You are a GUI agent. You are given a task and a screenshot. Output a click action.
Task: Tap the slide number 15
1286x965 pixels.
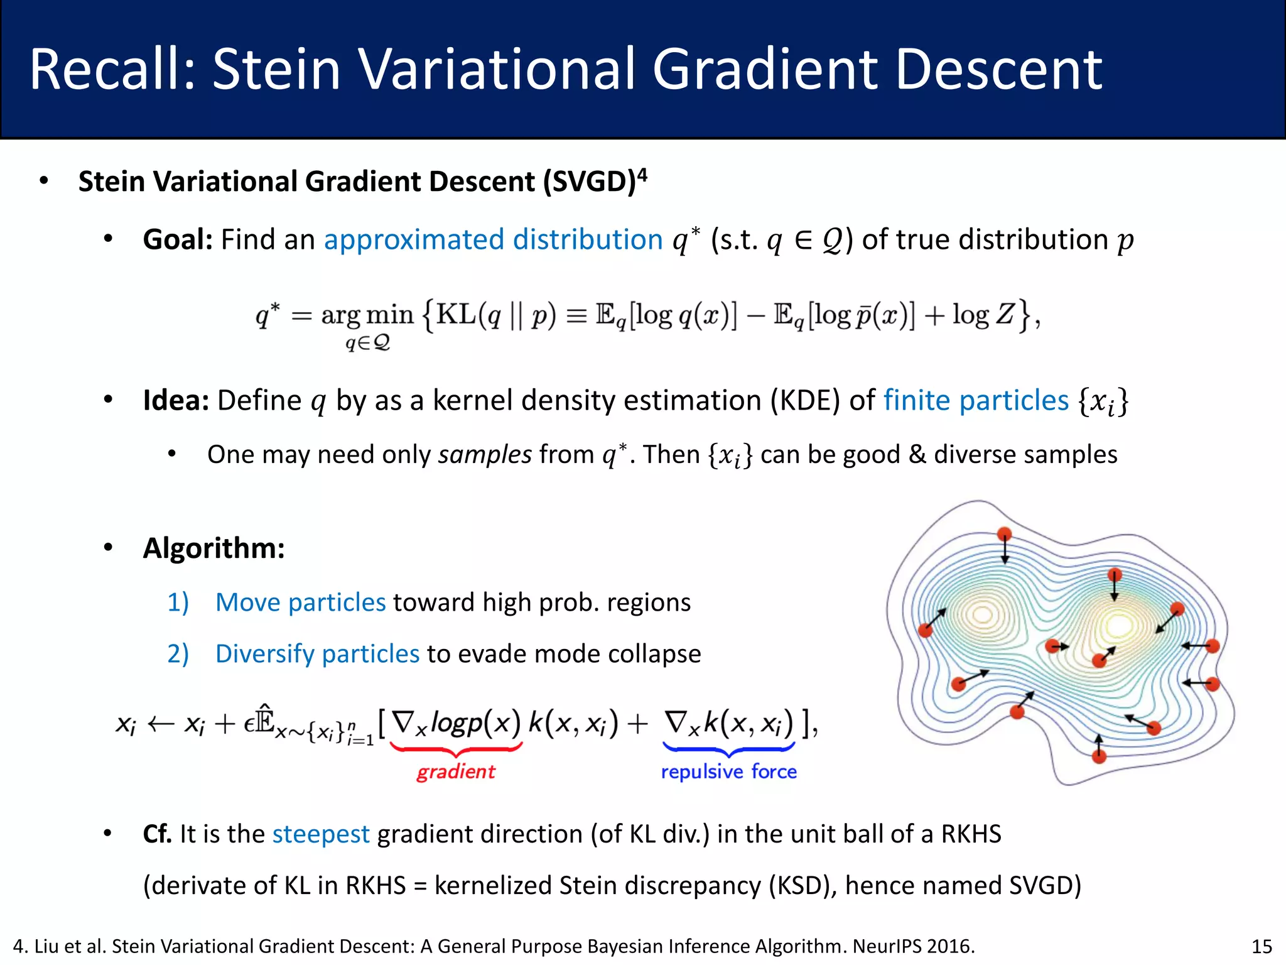click(x=1262, y=946)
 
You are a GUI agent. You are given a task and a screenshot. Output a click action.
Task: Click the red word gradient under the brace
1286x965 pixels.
click(x=456, y=771)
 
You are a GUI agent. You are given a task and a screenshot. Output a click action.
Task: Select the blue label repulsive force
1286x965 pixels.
click(x=728, y=771)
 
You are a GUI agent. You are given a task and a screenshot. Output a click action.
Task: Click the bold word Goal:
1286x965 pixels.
click(x=178, y=239)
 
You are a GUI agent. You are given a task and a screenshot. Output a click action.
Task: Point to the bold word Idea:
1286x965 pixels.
click(x=176, y=400)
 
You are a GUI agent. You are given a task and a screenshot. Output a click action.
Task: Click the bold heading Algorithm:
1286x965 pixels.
click(x=213, y=548)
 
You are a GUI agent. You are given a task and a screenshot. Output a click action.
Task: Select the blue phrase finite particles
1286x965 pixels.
click(x=976, y=400)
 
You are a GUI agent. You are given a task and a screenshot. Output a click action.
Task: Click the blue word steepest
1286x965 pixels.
click(x=321, y=834)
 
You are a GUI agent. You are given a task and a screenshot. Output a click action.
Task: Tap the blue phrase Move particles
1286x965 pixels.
click(x=300, y=602)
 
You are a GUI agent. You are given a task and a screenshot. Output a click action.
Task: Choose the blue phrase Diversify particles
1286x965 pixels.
click(x=317, y=653)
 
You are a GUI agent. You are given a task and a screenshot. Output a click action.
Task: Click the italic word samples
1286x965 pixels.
click(x=485, y=454)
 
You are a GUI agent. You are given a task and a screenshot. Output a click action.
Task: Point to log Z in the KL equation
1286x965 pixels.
click(x=982, y=313)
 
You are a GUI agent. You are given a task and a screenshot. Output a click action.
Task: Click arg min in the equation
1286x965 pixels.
click(x=367, y=315)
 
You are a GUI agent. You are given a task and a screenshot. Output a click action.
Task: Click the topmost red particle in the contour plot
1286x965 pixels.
click(x=1005, y=534)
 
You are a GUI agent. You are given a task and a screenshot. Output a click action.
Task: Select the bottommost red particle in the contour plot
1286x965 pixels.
click(x=1099, y=756)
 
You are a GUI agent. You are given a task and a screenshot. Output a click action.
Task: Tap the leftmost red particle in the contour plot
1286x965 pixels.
click(x=926, y=630)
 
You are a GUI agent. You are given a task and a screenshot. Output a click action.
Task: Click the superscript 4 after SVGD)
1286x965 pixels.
click(x=642, y=173)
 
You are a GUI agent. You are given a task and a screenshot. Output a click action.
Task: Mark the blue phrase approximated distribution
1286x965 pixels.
click(x=493, y=239)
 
